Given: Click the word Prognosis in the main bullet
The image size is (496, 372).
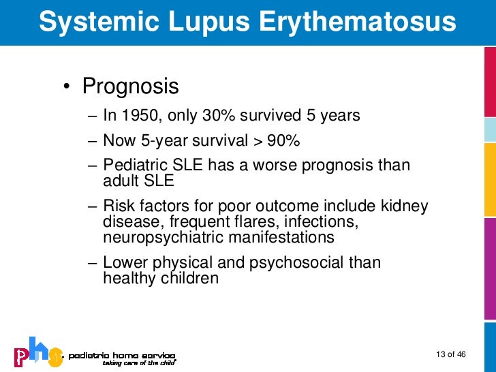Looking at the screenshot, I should [130, 87].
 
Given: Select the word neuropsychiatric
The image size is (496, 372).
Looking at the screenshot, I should [160, 237].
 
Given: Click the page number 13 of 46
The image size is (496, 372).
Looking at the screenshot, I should [450, 354].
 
